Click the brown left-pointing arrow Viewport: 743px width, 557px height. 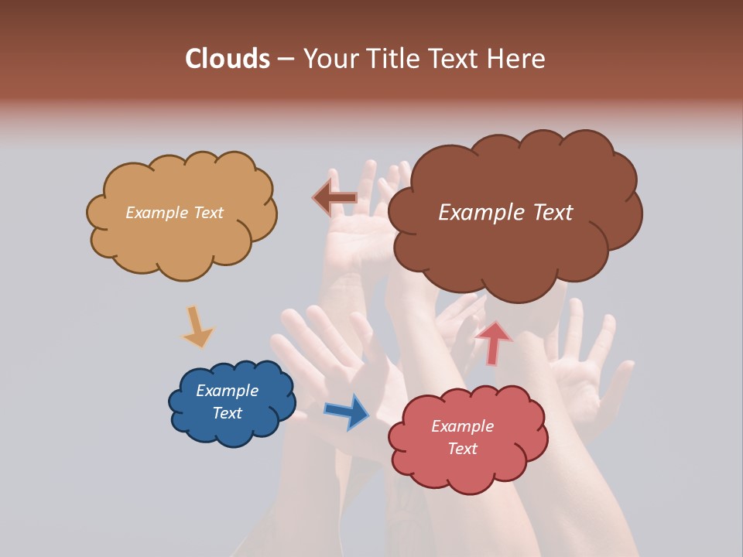click(x=334, y=199)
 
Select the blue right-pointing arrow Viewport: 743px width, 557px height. click(x=347, y=411)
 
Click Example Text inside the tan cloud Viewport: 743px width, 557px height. click(x=174, y=213)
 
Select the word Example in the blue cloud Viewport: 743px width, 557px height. click(x=227, y=391)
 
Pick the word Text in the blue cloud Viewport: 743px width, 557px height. click(x=227, y=413)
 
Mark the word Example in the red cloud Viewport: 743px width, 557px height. click(x=462, y=426)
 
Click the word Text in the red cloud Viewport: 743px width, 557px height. click(x=462, y=449)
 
